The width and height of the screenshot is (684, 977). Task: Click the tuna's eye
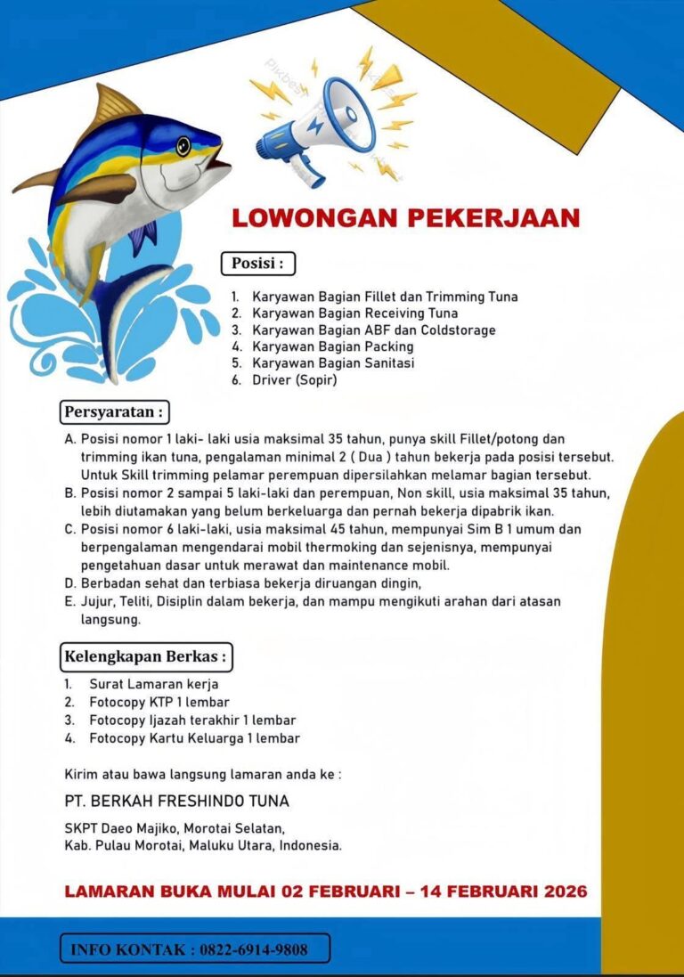(x=183, y=143)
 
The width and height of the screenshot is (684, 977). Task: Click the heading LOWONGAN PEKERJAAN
(x=406, y=218)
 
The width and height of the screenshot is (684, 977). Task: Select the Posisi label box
(x=257, y=264)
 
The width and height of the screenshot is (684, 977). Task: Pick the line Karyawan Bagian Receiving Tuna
(x=354, y=313)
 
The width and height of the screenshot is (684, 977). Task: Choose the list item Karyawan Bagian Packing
(x=332, y=346)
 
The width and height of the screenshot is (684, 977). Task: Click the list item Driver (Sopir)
(x=295, y=380)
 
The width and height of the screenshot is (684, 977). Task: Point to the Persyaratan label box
(x=115, y=413)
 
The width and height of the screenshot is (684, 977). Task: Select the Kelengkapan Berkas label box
(x=146, y=657)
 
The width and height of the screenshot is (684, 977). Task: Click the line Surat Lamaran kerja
(x=153, y=684)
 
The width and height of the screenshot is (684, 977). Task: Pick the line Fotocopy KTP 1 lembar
(x=159, y=702)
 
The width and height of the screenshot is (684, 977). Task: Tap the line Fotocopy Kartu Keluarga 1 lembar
(x=194, y=738)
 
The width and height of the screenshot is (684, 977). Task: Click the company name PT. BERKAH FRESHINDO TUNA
(x=177, y=801)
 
